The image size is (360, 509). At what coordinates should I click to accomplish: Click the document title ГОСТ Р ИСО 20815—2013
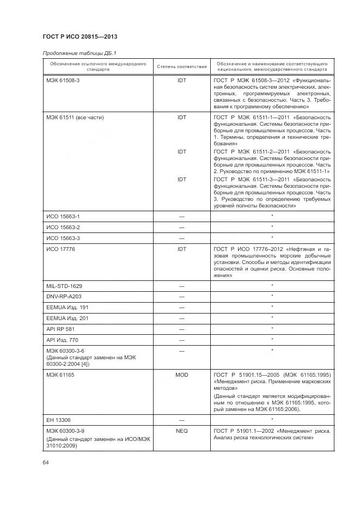tap(80, 36)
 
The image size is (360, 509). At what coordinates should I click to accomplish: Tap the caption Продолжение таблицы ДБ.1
tap(80, 53)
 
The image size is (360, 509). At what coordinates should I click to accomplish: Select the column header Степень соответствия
tap(182, 67)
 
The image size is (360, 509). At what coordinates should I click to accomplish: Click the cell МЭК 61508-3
tap(63, 80)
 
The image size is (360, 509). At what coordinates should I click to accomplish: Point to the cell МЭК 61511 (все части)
tap(75, 117)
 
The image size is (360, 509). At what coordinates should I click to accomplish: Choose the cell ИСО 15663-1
tap(63, 216)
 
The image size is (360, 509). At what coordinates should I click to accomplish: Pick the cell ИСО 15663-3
tap(63, 238)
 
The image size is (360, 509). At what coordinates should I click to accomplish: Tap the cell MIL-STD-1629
tap(64, 286)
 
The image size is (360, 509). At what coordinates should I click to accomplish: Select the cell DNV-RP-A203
tap(64, 297)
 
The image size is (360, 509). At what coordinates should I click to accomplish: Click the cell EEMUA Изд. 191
tap(67, 308)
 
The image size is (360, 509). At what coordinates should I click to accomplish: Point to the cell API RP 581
tap(61, 329)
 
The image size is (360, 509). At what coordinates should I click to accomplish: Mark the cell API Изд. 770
tap(63, 340)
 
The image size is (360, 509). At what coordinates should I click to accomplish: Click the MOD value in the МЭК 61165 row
tap(182, 375)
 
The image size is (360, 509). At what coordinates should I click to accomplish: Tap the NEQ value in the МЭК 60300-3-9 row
tap(182, 430)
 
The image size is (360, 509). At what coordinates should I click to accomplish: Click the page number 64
tap(46, 462)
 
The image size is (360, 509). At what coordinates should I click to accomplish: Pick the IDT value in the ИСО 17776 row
tap(182, 249)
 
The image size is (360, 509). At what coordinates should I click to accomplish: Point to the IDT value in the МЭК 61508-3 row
tap(182, 80)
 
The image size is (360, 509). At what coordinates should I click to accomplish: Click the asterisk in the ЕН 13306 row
tap(272, 419)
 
